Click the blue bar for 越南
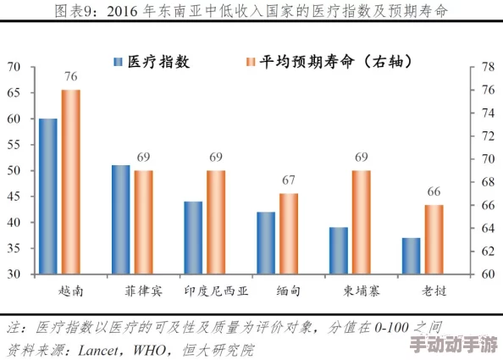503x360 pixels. coord(48,197)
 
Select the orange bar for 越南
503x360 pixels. coord(70,181)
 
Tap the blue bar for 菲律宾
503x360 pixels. coord(121,219)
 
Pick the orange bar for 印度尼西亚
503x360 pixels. coord(216,222)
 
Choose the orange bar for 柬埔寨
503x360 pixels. coord(362,222)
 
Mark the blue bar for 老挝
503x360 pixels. coord(412,256)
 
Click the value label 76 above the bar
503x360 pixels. coord(70,77)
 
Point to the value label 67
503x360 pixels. coord(289,180)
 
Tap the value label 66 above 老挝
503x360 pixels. coord(434,191)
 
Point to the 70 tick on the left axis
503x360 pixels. coord(14,66)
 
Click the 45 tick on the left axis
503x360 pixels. coord(14,197)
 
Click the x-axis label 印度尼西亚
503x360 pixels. coord(216,291)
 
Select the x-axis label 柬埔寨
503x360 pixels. coord(362,291)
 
